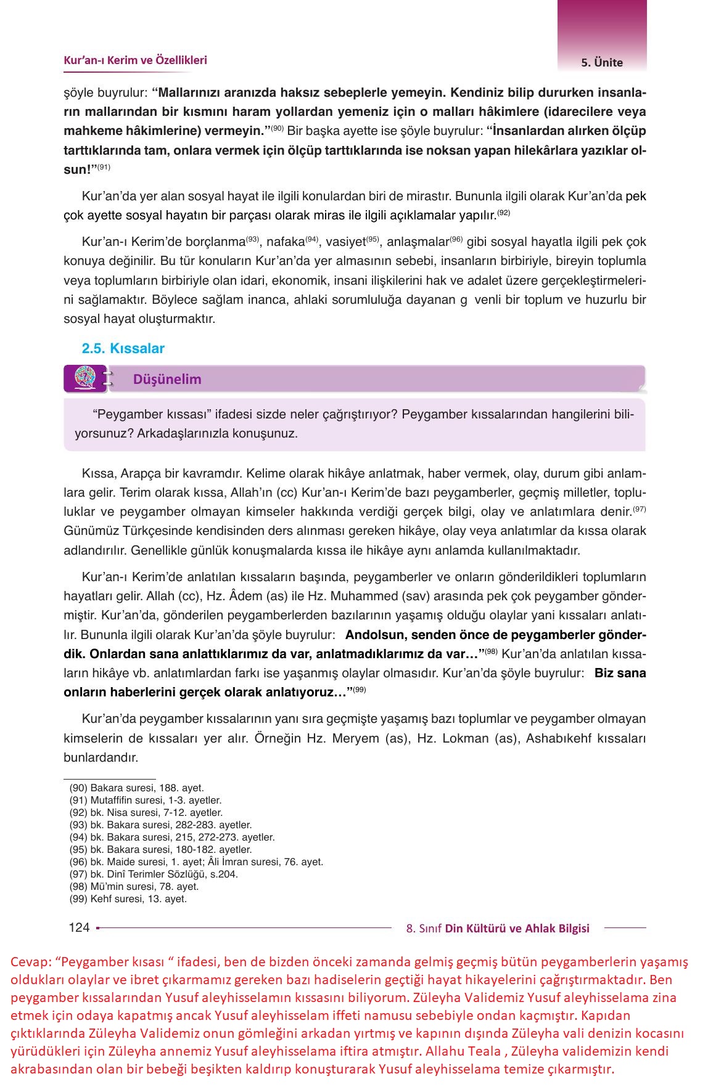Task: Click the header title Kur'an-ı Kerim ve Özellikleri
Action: point(135,60)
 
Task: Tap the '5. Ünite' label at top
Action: point(601,62)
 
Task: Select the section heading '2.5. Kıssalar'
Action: point(123,349)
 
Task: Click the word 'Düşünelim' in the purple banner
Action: point(167,380)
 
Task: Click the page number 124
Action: point(79,927)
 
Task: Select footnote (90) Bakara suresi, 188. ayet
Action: point(136,788)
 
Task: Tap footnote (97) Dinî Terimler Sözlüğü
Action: point(154,874)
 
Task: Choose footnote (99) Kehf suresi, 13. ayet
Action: point(128,898)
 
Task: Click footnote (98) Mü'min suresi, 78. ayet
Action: point(134,886)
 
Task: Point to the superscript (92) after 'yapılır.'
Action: point(504,213)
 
